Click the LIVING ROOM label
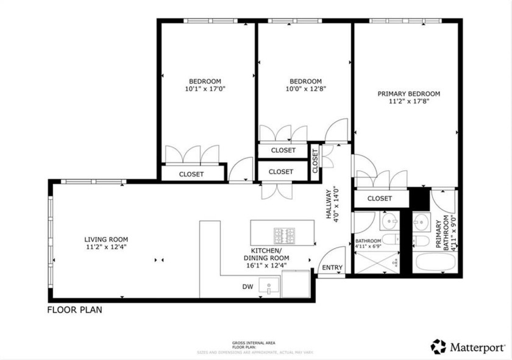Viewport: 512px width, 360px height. tap(106, 239)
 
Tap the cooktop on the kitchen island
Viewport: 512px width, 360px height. tap(284, 235)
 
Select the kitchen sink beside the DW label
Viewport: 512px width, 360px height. tap(268, 286)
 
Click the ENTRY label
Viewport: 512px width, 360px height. tap(332, 268)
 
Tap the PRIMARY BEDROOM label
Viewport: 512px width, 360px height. tap(408, 94)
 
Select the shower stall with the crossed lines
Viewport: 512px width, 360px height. tap(377, 262)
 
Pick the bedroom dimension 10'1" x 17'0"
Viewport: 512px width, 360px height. tap(204, 89)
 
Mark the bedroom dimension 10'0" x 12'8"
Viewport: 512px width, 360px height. tap(305, 89)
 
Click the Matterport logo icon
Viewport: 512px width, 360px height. tap(438, 347)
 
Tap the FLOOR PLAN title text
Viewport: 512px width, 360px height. tap(74, 310)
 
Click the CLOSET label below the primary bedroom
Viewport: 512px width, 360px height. tap(380, 199)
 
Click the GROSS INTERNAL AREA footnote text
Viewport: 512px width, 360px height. tap(255, 343)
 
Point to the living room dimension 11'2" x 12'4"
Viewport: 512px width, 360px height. tap(106, 247)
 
